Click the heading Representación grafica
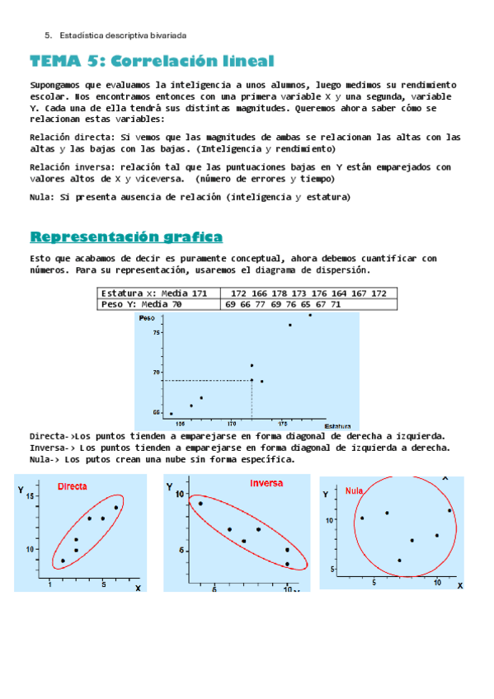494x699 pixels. point(125,237)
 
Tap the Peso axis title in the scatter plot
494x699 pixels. point(148,317)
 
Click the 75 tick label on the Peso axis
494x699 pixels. point(156,332)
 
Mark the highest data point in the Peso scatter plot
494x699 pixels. point(310,315)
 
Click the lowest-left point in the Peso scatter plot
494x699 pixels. point(171,414)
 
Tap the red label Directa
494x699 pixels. point(73,487)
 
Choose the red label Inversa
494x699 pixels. point(266,483)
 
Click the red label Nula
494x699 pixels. point(355,490)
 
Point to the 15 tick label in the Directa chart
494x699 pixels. point(31,496)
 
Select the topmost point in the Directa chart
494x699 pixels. point(116,508)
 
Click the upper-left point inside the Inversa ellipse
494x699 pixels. point(200,504)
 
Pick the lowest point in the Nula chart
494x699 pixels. point(399,561)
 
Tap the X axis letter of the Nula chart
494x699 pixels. point(459,585)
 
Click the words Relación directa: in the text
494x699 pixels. point(73,137)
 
